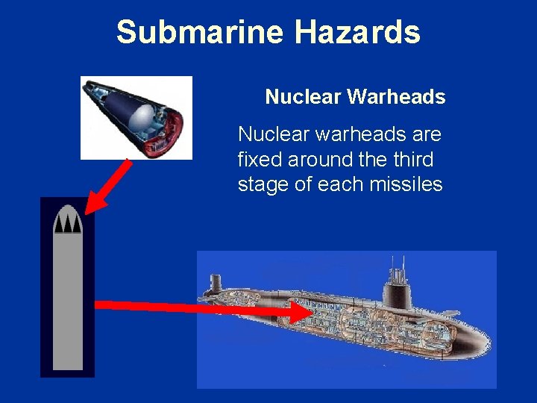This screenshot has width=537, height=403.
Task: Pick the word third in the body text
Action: pyautogui.click(x=412, y=159)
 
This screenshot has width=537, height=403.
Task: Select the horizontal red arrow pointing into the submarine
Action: pyautogui.click(x=201, y=307)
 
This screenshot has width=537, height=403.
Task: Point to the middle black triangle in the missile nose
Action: pyautogui.click(x=68, y=224)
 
